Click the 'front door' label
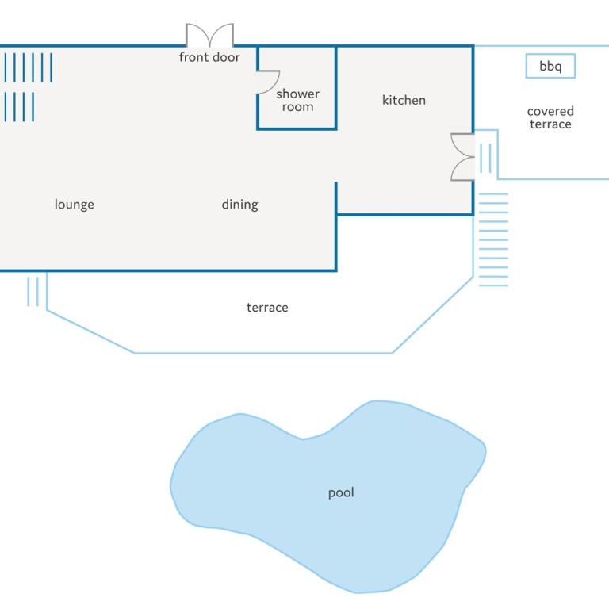tap(209, 57)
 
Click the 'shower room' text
tap(297, 100)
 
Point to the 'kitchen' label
tap(404, 100)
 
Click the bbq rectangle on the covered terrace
tap(550, 66)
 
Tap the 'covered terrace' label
tap(550, 117)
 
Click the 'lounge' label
tap(75, 205)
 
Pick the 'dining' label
tap(239, 205)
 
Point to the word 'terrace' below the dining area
tap(267, 308)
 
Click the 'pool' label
tap(341, 493)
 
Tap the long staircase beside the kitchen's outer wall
tap(494, 239)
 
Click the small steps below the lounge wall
tap(33, 291)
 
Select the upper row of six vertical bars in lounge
tap(29, 67)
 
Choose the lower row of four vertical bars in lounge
tap(19, 107)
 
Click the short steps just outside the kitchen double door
tap(485, 158)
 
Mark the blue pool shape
tap(328, 496)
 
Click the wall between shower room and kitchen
tap(336, 87)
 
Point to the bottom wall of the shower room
tap(297, 128)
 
